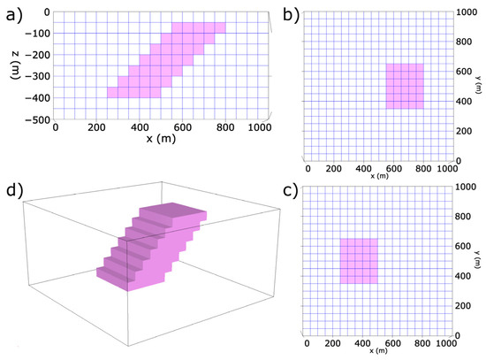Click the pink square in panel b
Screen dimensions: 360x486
tap(405, 86)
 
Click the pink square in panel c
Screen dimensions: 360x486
tap(359, 261)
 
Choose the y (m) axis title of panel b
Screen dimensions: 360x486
tap(478, 86)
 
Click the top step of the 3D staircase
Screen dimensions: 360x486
tap(177, 211)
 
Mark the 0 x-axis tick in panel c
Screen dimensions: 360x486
tap(307, 342)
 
